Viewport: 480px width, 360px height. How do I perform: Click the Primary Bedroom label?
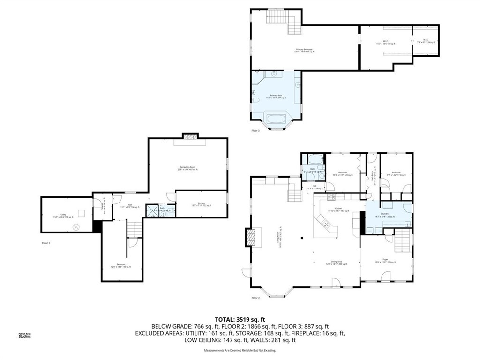click(x=304, y=51)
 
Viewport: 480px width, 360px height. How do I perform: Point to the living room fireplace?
click(x=252, y=237)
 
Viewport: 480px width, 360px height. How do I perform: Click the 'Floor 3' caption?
click(x=255, y=131)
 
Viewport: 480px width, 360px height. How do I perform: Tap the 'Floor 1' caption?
click(x=45, y=243)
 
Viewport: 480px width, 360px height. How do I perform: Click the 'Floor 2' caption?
click(x=255, y=298)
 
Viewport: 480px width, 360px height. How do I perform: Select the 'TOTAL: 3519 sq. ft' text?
click(x=240, y=319)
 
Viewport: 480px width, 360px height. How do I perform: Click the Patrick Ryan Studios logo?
click(x=24, y=335)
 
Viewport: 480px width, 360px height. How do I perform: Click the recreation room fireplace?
click(x=190, y=136)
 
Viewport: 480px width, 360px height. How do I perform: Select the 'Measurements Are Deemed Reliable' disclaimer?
click(x=240, y=350)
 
